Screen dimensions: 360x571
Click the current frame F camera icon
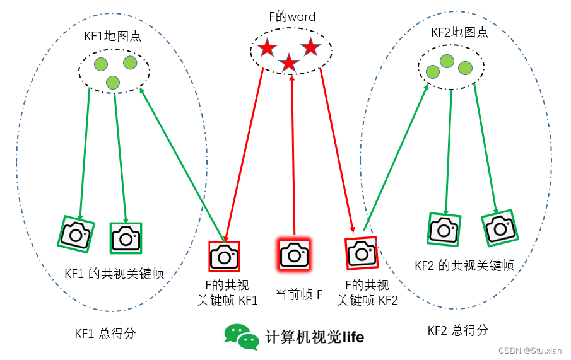[x=294, y=255]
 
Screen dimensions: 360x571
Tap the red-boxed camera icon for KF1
[x=224, y=257]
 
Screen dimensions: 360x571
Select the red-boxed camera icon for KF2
[x=362, y=252]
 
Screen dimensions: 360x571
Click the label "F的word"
[x=291, y=17]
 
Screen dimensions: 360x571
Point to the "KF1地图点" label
[x=112, y=36]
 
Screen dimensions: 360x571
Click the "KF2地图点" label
[x=459, y=32]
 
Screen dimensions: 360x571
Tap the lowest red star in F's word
[x=289, y=62]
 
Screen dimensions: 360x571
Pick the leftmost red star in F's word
[x=267, y=47]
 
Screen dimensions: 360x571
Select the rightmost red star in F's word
[x=310, y=46]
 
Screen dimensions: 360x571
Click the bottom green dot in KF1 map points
[x=113, y=82]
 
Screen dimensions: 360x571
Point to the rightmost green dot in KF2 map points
[x=465, y=67]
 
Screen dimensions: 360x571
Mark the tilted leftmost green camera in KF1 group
[x=77, y=235]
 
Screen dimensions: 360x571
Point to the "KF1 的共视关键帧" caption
[x=114, y=274]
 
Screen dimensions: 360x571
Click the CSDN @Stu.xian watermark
[x=529, y=351]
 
